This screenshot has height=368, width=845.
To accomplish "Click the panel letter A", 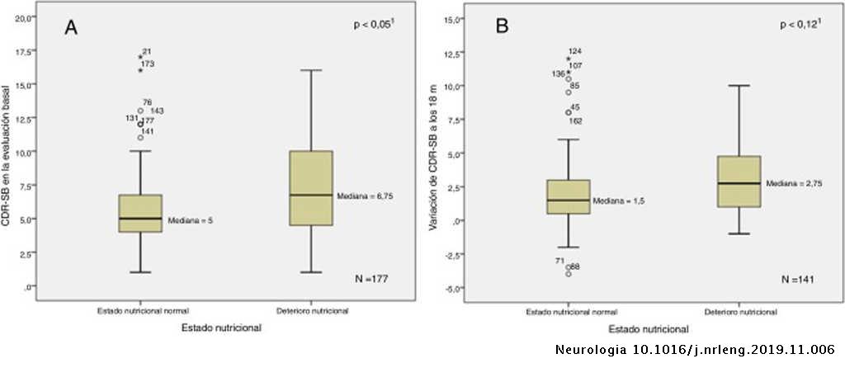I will click(x=72, y=28).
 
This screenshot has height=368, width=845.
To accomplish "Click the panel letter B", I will click(x=502, y=27).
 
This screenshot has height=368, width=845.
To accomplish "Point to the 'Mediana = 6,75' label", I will click(x=364, y=196).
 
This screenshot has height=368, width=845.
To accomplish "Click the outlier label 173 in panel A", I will click(x=148, y=64).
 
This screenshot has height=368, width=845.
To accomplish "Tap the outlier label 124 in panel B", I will click(x=575, y=52).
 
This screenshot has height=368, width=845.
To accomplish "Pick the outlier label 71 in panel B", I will click(x=559, y=261).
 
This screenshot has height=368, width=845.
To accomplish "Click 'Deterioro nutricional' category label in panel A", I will click(x=311, y=311).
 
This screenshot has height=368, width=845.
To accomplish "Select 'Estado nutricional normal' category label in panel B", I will click(x=571, y=311).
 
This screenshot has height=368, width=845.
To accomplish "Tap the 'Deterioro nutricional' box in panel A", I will click(x=310, y=188).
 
